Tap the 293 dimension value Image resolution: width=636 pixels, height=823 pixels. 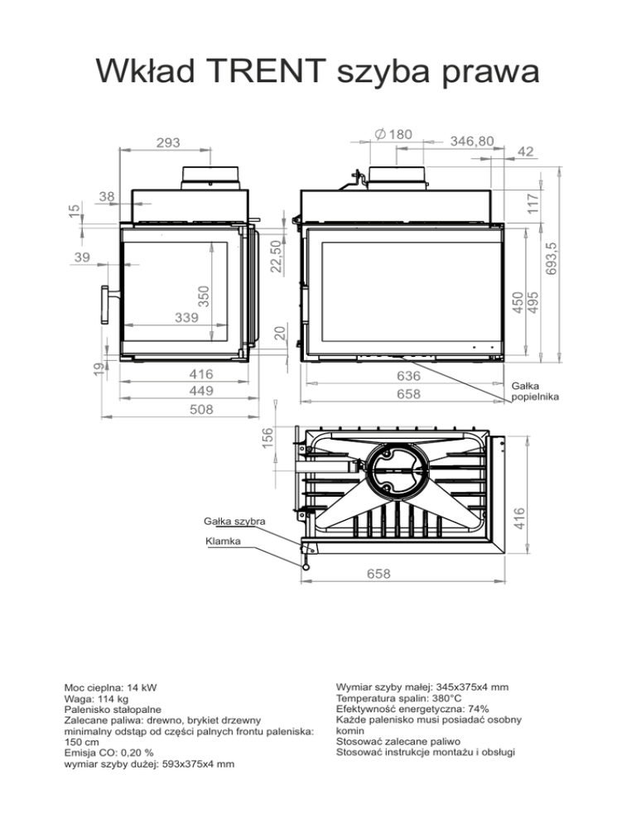(168, 142)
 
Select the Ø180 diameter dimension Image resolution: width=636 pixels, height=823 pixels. (393, 134)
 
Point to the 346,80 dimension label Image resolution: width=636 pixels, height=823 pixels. (472, 142)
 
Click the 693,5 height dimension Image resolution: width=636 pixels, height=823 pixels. (551, 259)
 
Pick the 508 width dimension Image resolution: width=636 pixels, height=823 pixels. (201, 409)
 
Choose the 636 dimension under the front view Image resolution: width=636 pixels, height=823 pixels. (408, 376)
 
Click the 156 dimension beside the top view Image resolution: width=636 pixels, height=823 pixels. (267, 439)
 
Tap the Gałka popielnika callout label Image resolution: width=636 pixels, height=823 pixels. (535, 392)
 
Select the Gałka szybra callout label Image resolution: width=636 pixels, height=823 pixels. (234, 521)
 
